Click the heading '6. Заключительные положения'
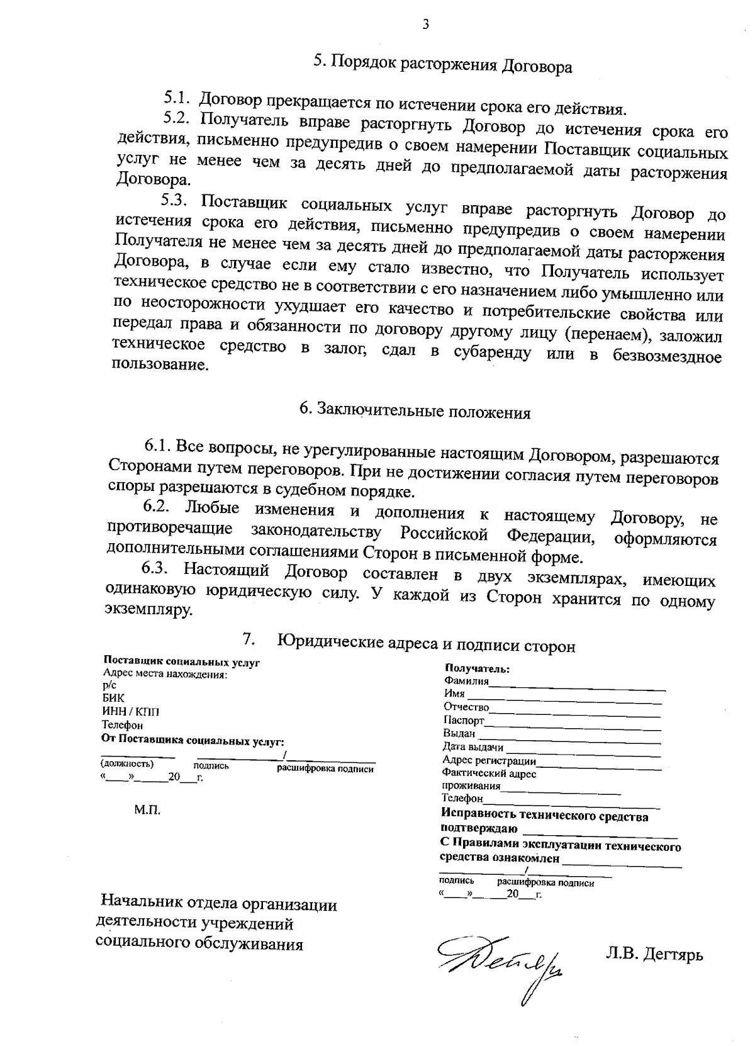click(415, 412)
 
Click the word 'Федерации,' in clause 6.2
click(550, 536)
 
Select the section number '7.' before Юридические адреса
click(249, 640)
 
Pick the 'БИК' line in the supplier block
click(113, 698)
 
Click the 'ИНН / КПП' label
click(131, 712)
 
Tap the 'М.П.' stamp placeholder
click(147, 810)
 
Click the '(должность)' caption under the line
click(127, 764)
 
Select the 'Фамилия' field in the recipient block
click(466, 681)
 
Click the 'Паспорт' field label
click(464, 720)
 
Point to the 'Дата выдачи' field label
click(473, 747)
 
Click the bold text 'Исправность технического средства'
click(544, 817)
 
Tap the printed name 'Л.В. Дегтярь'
click(654, 955)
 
